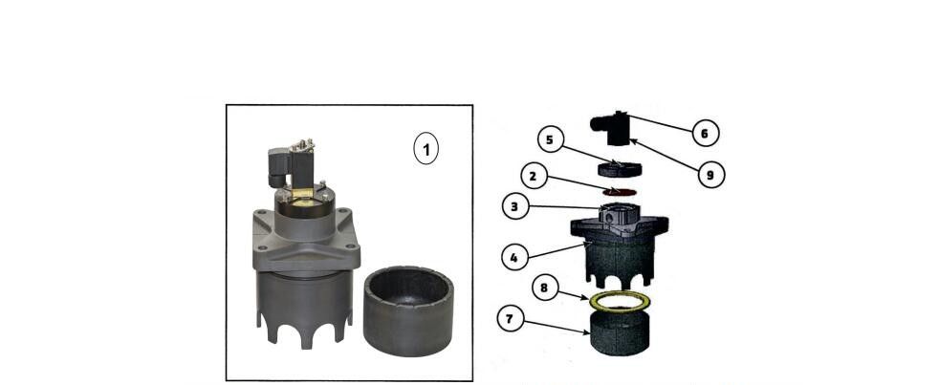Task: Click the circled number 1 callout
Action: (425, 149)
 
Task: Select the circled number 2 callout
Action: (534, 177)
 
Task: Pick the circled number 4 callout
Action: (514, 258)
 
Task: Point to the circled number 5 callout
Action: (551, 139)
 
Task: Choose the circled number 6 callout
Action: (706, 134)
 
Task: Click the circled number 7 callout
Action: (511, 319)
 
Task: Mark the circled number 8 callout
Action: (544, 289)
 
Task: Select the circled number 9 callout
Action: (710, 175)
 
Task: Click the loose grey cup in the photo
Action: (408, 310)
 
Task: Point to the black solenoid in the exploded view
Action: (611, 129)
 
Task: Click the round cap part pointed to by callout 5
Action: (620, 168)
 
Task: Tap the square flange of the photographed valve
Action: (306, 239)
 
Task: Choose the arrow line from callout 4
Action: (556, 251)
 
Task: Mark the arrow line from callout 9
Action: (665, 155)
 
